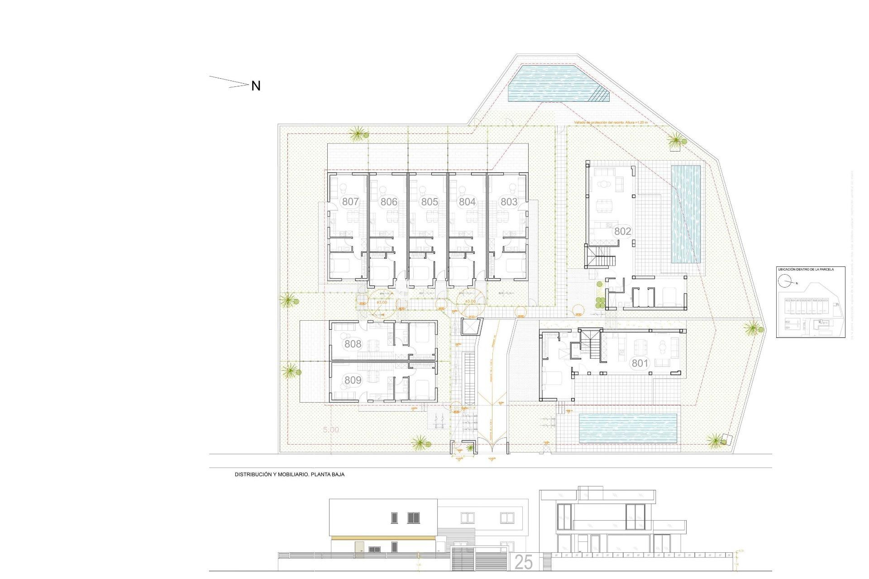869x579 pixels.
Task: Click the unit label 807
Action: (x=350, y=202)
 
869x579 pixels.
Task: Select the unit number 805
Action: (x=429, y=202)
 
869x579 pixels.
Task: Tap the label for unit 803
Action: (x=509, y=202)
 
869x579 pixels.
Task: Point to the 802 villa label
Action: (x=622, y=232)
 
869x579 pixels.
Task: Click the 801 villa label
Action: (x=640, y=363)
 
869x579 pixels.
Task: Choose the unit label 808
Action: (x=353, y=344)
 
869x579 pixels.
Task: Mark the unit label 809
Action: (x=353, y=380)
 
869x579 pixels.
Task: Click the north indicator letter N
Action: (x=256, y=86)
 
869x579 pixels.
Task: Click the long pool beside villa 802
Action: (x=685, y=214)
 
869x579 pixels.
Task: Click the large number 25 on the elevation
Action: (x=523, y=562)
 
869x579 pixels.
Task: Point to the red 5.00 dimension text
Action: (x=331, y=430)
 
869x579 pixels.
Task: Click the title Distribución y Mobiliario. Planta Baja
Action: (x=289, y=475)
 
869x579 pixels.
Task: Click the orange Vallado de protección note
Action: (x=611, y=123)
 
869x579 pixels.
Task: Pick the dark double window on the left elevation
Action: (x=413, y=518)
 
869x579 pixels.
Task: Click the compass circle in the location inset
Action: (x=784, y=281)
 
